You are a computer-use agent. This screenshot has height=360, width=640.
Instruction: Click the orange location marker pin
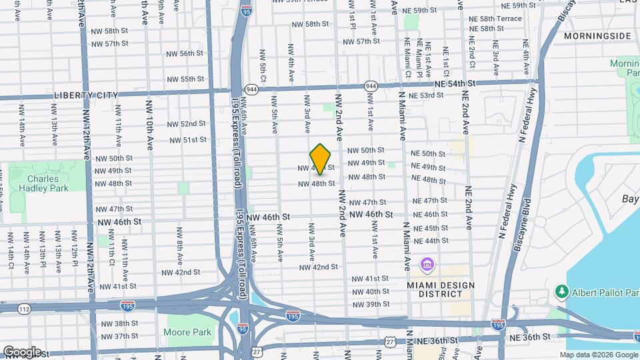321,159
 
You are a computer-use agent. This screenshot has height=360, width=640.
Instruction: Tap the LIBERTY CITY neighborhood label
85,96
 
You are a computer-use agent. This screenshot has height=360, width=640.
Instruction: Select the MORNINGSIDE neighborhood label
597,35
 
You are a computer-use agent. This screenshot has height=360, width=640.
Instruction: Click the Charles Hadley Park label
47,183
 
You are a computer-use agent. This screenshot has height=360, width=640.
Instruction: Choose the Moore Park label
188,332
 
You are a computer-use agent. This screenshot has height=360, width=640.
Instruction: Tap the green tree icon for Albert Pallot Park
561,291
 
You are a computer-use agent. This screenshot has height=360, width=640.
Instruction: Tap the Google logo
21,351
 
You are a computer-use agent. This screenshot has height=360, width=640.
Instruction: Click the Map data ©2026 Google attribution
599,355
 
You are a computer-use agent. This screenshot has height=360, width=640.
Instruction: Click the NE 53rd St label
426,96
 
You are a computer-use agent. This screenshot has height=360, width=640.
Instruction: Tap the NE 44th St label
431,241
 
